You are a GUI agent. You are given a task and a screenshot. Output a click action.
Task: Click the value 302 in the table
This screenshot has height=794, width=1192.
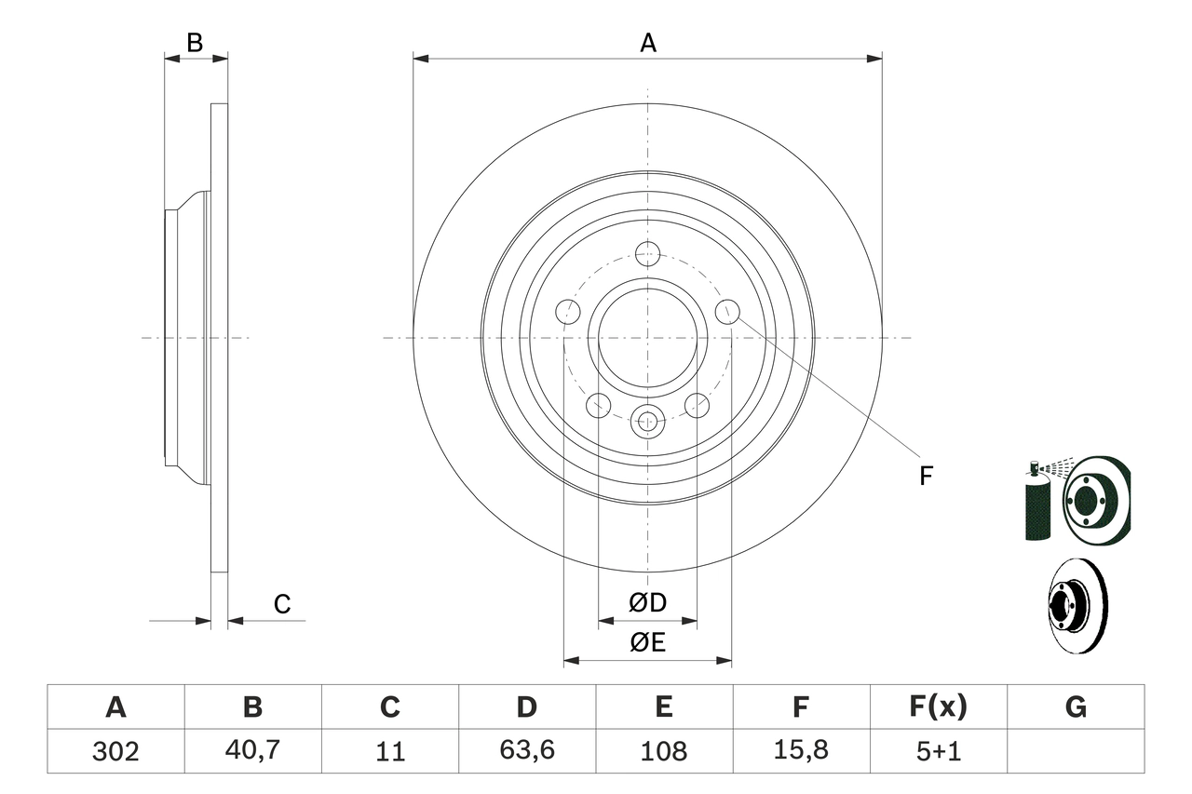coord(115,751)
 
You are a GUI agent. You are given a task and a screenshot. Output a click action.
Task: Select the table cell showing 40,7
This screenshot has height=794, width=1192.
coord(252,751)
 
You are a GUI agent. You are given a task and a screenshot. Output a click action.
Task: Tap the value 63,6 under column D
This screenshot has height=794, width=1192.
coord(526,751)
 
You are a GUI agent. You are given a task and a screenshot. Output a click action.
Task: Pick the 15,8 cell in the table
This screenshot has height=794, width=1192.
coord(800,751)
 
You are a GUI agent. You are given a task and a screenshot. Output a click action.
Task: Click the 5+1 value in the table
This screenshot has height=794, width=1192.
coord(938,751)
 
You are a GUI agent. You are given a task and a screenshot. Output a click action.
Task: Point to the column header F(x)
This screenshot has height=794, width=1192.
coord(938,707)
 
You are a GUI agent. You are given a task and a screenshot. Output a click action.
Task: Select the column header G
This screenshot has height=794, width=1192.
coord(1076,707)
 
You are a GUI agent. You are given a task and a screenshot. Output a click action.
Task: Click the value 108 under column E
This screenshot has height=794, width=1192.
coord(663,751)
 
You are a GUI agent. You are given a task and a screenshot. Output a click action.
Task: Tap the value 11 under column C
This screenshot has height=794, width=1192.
coord(389,751)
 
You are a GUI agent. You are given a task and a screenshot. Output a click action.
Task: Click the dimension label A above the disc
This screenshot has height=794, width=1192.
coord(647,43)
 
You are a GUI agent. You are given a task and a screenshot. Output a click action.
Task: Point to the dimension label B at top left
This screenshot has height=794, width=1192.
coord(194,43)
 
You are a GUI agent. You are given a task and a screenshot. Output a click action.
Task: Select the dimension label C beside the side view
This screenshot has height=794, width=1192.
coord(281,604)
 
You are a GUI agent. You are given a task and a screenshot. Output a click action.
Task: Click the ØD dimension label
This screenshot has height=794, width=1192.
coord(648,603)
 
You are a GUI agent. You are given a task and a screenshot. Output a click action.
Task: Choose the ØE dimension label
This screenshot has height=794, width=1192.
coord(648,642)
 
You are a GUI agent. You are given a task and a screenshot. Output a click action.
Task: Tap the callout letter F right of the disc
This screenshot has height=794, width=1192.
coord(925,477)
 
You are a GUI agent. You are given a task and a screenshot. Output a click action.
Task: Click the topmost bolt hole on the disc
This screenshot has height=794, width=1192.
coord(647,253)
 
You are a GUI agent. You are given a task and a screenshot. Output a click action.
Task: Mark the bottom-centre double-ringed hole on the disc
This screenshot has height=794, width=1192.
coord(647,422)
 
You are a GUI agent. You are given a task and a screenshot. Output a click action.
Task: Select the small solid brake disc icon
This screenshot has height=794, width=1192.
coord(1077,605)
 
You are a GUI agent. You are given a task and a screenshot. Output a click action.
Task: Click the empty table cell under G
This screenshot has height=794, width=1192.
coord(1076,751)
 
